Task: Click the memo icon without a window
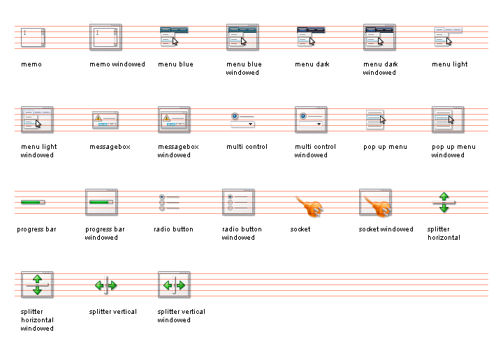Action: (x=33, y=37)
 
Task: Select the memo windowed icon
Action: (x=105, y=37)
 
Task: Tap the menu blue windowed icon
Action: (x=242, y=37)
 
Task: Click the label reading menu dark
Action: (x=312, y=64)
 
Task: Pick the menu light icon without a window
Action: (x=448, y=36)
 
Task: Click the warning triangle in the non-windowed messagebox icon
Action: (x=98, y=117)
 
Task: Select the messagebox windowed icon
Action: (x=174, y=120)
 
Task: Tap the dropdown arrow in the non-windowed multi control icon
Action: (x=250, y=124)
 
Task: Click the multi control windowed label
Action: (x=315, y=151)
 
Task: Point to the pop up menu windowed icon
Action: (x=448, y=120)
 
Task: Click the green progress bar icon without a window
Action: (x=33, y=202)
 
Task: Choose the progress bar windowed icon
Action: (x=101, y=202)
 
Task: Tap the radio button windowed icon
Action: (x=238, y=202)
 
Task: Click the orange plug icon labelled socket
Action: (x=309, y=207)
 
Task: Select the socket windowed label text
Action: (x=386, y=229)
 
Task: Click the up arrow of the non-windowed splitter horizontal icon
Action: (x=444, y=196)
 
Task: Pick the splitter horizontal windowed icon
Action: (x=37, y=285)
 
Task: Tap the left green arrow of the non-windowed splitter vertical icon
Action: (x=99, y=285)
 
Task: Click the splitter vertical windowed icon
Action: (x=174, y=285)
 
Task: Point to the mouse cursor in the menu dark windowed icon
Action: (x=381, y=42)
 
